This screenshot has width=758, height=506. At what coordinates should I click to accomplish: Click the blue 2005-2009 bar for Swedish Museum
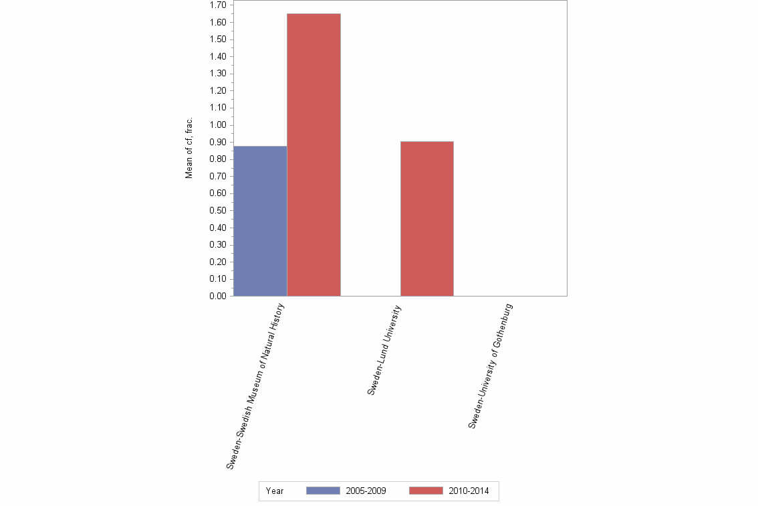click(x=260, y=221)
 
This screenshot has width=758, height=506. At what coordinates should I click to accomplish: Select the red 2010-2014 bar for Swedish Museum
click(x=313, y=155)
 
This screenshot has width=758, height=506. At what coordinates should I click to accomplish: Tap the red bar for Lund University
click(x=426, y=218)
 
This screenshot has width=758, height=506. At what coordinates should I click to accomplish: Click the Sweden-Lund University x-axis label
click(x=384, y=350)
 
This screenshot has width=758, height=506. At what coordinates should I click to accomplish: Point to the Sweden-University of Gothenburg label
click(x=490, y=366)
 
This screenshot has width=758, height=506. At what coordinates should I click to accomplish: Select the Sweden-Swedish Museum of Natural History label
click(x=255, y=386)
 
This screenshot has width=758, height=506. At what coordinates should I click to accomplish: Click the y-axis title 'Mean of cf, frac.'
click(x=189, y=148)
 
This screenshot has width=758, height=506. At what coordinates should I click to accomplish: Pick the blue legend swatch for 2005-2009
click(x=323, y=491)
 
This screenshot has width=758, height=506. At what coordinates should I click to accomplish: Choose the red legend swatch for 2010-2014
click(x=426, y=491)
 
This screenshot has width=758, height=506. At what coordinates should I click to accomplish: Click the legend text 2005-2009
click(x=366, y=491)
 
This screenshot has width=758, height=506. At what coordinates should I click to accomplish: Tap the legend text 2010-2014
click(x=469, y=491)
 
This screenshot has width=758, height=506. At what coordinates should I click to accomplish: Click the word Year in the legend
click(x=275, y=491)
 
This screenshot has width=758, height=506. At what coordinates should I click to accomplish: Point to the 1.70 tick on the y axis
click(x=218, y=5)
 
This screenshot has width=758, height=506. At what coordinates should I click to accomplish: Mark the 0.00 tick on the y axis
click(x=218, y=296)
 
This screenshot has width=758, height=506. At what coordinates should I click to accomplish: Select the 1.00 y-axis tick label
click(x=218, y=125)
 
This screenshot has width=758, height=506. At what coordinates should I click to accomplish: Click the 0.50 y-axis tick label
click(x=218, y=210)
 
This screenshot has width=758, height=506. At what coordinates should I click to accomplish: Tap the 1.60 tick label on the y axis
click(x=218, y=22)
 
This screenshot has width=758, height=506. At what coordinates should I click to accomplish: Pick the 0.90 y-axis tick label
click(x=218, y=142)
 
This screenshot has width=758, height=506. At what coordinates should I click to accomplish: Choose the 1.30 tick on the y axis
click(x=218, y=74)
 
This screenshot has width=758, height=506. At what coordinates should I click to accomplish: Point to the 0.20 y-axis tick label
click(x=218, y=262)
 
